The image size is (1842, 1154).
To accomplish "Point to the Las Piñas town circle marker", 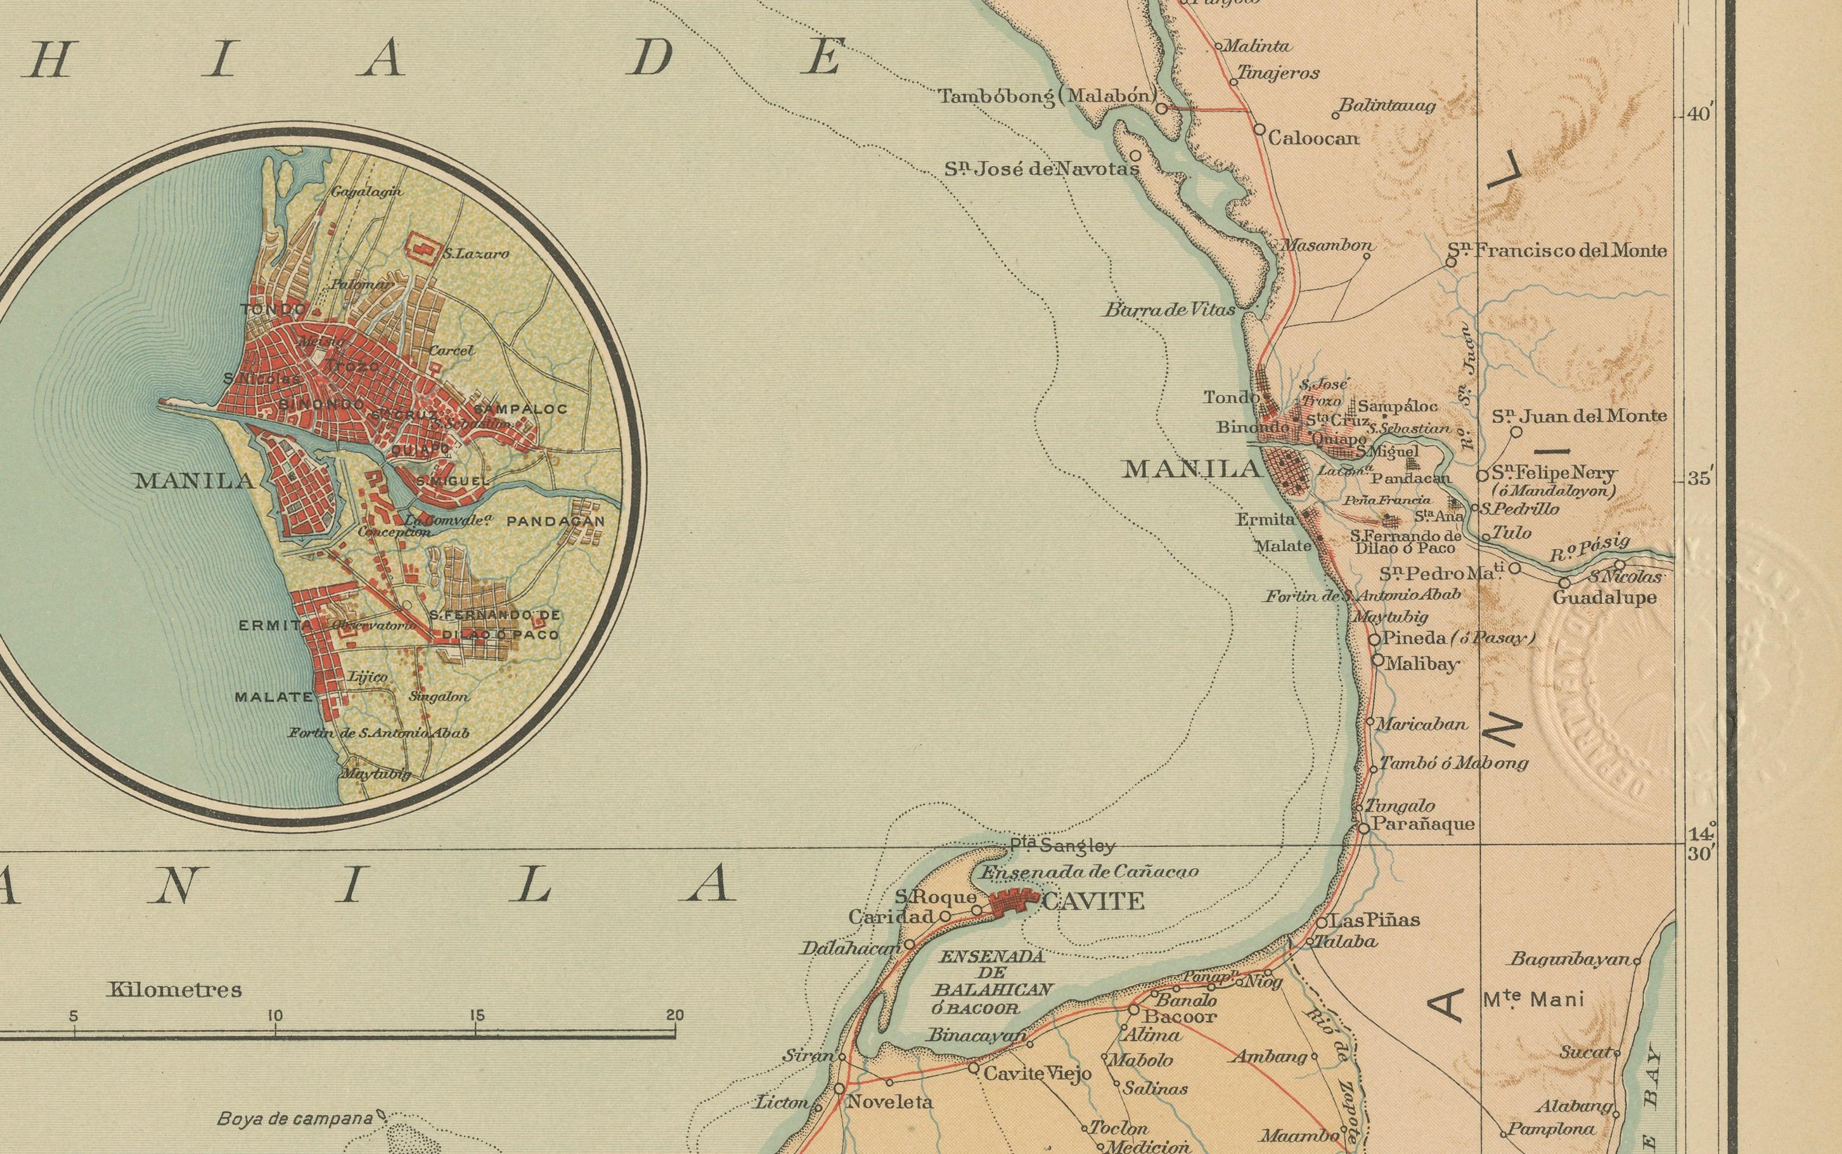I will point(1322,922).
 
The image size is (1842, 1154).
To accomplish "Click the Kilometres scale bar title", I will point(175,990).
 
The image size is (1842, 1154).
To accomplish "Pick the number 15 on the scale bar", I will point(477,1016).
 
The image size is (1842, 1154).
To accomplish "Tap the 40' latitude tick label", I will point(1699,115).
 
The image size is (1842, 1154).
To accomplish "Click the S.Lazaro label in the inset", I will point(475,254).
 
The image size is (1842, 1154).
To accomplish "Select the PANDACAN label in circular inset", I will point(555,521).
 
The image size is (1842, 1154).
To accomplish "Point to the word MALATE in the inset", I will point(273,697).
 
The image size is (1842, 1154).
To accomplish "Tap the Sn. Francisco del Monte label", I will point(1557,250).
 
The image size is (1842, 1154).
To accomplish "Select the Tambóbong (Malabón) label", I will point(1047,96).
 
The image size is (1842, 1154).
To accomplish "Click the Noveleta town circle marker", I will point(839,1088).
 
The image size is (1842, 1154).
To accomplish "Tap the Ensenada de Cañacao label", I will point(1089,872).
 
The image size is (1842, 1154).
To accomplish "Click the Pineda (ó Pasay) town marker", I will point(1374,640).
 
